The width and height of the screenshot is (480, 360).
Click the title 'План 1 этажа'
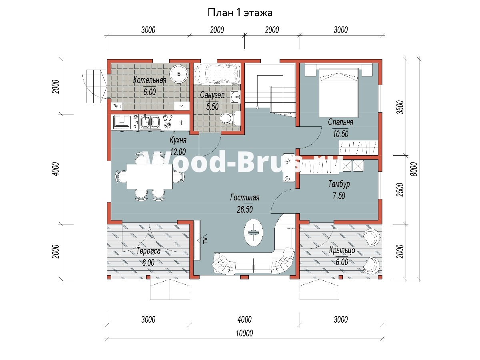pos(240,12)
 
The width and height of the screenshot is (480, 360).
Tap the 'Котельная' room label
pos(150,80)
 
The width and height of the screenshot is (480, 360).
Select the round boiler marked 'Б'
pos(179,74)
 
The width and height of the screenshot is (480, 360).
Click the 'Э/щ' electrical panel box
pos(117,106)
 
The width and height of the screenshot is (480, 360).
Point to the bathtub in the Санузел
pos(217,74)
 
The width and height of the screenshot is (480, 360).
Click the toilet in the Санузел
pos(230,118)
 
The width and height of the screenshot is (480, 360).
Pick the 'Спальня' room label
pos(340,122)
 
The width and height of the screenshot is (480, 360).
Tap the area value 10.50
pos(340,134)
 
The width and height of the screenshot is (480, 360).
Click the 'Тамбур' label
pos(339,184)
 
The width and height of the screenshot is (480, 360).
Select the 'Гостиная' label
pos(245,198)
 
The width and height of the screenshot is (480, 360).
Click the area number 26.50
pos(245,209)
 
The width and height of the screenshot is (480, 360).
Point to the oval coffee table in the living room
pos(254,232)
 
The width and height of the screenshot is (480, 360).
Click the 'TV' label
pos(205,240)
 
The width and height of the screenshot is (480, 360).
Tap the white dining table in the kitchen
pos(150,177)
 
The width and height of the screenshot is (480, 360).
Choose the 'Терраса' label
pos(148,251)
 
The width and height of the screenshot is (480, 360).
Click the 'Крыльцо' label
pos(342,250)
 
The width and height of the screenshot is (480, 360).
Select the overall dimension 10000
pos(244,333)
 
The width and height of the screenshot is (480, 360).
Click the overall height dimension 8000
pos(414,169)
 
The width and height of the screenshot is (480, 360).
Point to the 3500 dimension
pos(400,107)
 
